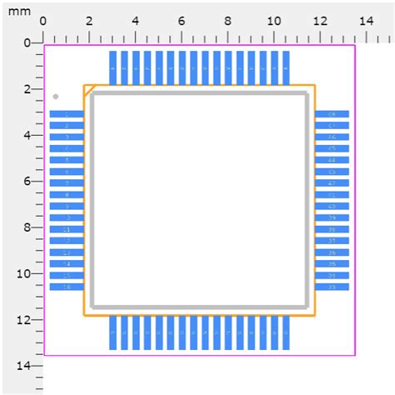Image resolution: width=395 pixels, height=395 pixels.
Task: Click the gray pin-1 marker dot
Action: click(x=56, y=97)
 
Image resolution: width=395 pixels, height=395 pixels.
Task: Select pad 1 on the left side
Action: click(x=66, y=114)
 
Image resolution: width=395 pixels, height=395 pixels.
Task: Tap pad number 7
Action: click(x=66, y=183)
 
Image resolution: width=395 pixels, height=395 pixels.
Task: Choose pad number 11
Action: click(x=66, y=229)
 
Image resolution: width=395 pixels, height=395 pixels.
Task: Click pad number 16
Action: click(x=66, y=287)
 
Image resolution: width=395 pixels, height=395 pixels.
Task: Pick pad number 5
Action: click(x=66, y=160)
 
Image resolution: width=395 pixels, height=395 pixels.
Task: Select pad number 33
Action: click(x=332, y=287)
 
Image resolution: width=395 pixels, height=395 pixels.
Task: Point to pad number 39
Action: click(x=332, y=217)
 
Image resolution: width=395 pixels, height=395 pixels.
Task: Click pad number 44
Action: click(x=332, y=160)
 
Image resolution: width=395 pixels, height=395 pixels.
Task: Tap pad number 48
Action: click(x=332, y=114)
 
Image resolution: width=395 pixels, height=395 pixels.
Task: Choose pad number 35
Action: click(x=332, y=263)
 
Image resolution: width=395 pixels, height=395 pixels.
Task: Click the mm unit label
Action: click(x=21, y=13)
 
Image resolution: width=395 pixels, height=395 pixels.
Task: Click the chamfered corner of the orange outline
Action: click(x=87, y=89)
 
